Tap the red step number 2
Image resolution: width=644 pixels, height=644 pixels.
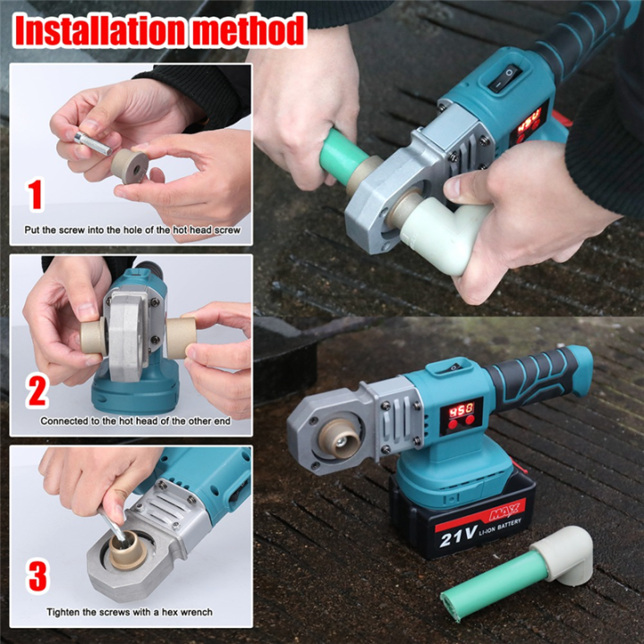click(x=37, y=392)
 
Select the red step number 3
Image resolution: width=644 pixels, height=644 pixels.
click(x=37, y=577)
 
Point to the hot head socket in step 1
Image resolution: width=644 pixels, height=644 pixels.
click(x=133, y=166)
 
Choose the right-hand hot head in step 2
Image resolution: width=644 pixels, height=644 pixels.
click(x=182, y=337)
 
